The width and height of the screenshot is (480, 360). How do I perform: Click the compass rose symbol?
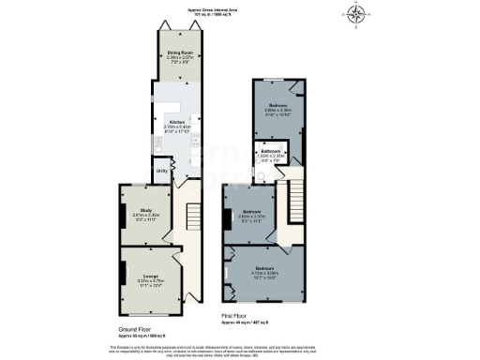coord(358,14)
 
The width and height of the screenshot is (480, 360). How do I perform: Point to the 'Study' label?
coord(146,210)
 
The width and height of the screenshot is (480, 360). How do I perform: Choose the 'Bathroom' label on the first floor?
coord(272,151)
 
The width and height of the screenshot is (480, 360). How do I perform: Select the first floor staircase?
coord(298,198)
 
